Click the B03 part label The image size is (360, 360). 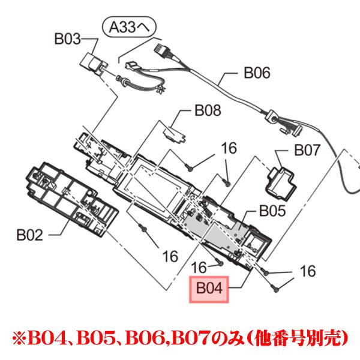click(67, 39)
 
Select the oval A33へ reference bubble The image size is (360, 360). click(129, 27)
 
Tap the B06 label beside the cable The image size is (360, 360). click(257, 73)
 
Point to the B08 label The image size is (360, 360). click(208, 110)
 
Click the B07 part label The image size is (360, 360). click(307, 150)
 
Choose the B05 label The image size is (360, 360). click(272, 211)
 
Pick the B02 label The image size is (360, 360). click(29, 235)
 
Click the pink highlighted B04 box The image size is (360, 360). click(209, 289)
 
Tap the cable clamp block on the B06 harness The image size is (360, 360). click(271, 116)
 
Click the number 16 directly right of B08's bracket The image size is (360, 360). click(229, 148)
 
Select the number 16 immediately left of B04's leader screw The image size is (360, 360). click(199, 268)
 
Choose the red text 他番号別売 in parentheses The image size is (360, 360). click(298, 338)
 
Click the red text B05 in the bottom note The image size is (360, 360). click(96, 338)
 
